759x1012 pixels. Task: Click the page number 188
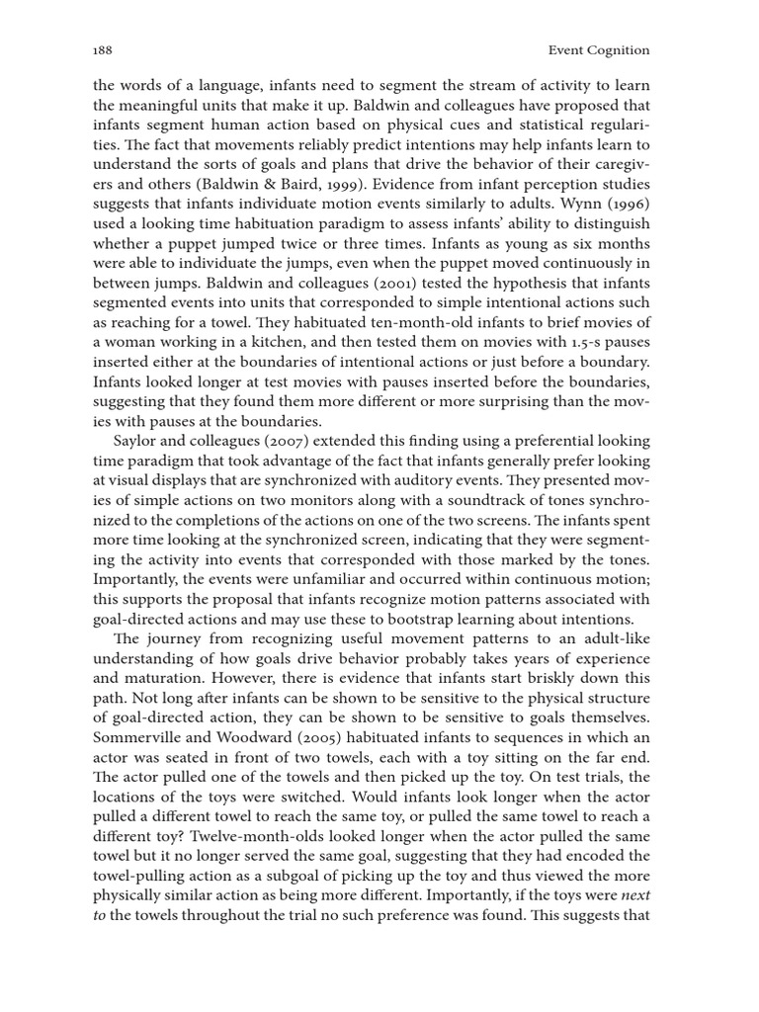click(x=102, y=49)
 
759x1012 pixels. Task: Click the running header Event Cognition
click(x=599, y=49)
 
